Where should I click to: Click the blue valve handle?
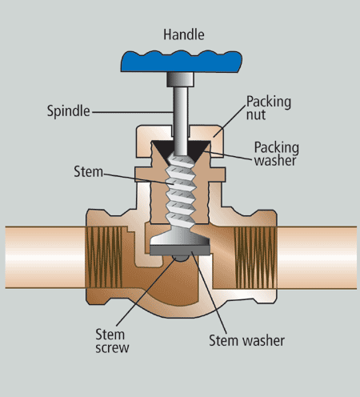click(182, 62)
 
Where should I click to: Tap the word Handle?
click(184, 34)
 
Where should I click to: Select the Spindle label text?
click(69, 111)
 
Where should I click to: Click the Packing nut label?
click(268, 108)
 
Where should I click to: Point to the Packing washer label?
click(276, 154)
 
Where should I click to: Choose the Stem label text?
click(88, 171)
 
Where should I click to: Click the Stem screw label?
click(112, 341)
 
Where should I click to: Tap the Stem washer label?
click(246, 341)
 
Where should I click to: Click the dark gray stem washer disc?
click(180, 251)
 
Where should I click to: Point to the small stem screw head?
click(180, 258)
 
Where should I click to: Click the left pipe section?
click(46, 257)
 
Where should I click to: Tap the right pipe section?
click(317, 258)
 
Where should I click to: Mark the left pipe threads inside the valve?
click(104, 257)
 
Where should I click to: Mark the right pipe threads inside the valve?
click(255, 258)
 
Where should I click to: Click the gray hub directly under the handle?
click(180, 79)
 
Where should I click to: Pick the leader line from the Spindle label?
click(133, 112)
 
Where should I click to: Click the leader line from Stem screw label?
click(146, 291)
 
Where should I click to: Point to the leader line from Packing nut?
click(230, 122)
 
